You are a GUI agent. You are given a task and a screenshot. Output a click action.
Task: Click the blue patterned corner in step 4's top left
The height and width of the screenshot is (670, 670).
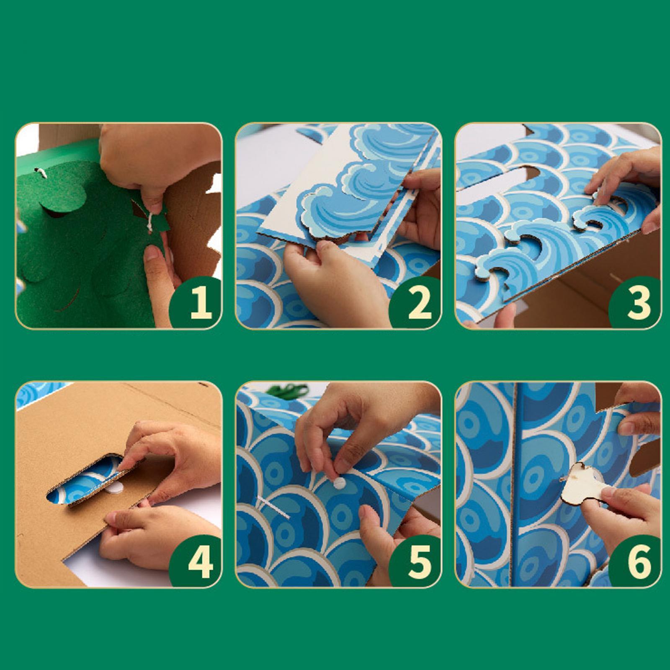(x=40, y=394)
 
